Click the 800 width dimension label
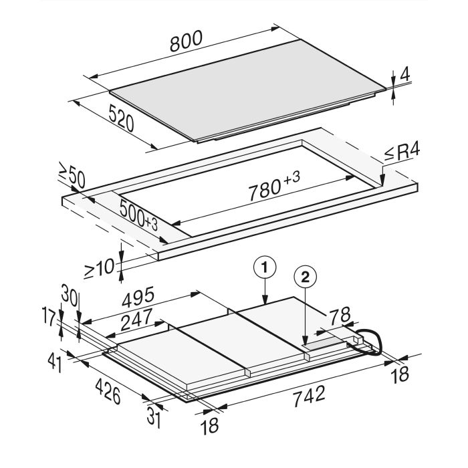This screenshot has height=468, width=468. tap(187, 41)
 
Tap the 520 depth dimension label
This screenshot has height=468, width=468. tap(121, 118)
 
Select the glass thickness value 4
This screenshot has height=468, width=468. tap(404, 75)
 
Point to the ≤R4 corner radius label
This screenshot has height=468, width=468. tap(402, 152)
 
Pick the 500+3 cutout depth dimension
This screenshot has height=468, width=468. tap(138, 215)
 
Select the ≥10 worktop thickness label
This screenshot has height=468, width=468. tap(99, 268)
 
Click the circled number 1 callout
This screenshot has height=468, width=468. tap(265, 268)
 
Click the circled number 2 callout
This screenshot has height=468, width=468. tap(306, 278)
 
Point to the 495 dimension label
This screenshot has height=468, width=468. tap(138, 297)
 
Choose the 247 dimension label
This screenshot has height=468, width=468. tap(136, 319)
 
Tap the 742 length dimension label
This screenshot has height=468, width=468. tap(309, 396)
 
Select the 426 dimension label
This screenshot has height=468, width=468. tap(108, 391)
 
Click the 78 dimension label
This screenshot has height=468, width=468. tap(340, 316)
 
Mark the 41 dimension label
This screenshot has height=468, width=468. tap(55, 363)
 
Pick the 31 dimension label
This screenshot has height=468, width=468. tap(154, 418)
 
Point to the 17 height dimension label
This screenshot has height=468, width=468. tap(49, 317)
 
